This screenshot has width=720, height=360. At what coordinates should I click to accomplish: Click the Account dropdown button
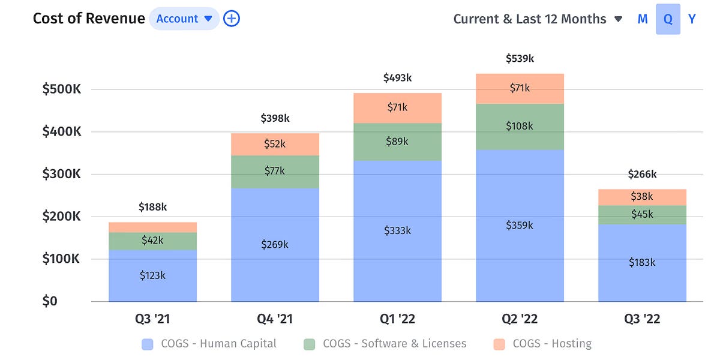click(x=184, y=19)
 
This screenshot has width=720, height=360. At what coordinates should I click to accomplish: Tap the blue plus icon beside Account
click(x=232, y=19)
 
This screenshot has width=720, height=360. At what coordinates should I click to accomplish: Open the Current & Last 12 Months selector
click(x=537, y=19)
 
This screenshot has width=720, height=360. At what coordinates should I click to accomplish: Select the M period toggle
click(x=643, y=19)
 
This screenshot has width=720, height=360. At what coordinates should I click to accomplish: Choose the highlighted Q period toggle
click(x=668, y=19)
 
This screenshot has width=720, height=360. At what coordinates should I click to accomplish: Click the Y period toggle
click(x=692, y=19)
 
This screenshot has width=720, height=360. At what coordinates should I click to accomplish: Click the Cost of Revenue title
click(x=89, y=19)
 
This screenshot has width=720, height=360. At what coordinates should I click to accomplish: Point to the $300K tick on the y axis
click(x=61, y=174)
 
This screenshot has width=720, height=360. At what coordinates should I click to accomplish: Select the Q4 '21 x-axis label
click(x=275, y=319)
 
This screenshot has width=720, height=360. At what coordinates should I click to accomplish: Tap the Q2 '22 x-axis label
click(x=520, y=319)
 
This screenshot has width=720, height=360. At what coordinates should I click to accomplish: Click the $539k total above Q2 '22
click(x=520, y=59)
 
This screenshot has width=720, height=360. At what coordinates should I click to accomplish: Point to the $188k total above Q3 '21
click(x=152, y=207)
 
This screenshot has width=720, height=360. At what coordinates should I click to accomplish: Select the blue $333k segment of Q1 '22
click(x=397, y=230)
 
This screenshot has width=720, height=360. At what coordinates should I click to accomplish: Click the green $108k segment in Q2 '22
click(x=520, y=127)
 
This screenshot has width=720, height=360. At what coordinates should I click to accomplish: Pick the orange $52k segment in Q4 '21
click(x=275, y=144)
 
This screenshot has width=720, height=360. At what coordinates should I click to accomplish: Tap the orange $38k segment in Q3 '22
click(x=642, y=197)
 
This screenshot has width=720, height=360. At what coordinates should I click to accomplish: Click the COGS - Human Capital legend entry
click(x=209, y=344)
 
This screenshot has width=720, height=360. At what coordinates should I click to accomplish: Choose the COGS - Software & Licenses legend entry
click(x=385, y=344)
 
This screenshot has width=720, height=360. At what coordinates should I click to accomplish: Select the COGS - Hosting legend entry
click(x=543, y=344)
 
